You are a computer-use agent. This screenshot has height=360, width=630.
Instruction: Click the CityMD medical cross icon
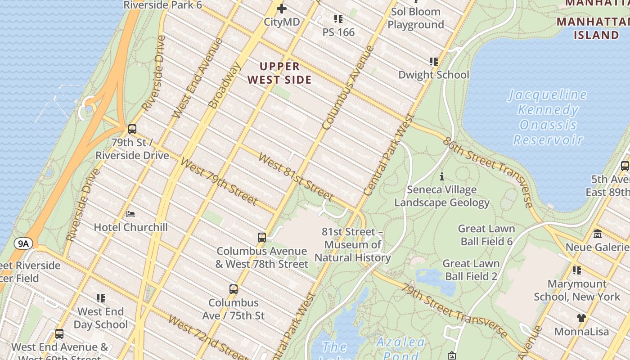click(x=282, y=9)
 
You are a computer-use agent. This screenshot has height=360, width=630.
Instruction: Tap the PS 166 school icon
click(x=338, y=19)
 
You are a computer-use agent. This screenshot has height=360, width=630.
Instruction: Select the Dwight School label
click(x=433, y=75)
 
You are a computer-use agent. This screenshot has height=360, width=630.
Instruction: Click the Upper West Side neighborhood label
click(x=279, y=73)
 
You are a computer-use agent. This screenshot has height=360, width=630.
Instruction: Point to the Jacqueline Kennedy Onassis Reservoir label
click(x=548, y=117)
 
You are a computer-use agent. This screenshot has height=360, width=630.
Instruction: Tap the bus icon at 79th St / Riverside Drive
click(x=132, y=129)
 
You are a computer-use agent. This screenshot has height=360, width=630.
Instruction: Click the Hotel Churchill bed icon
click(x=130, y=214)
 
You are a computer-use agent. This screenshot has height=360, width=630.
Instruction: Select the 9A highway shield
click(x=23, y=244)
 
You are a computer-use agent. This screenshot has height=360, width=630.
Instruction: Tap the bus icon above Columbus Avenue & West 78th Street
click(x=262, y=237)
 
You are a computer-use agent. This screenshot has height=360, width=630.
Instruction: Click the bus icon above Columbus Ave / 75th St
click(x=234, y=289)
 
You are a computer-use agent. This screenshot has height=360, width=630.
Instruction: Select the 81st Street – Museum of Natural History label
click(x=352, y=245)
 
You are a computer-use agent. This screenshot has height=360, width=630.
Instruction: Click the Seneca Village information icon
click(x=442, y=176)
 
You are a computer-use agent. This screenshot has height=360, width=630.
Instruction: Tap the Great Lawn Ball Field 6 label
click(x=486, y=235)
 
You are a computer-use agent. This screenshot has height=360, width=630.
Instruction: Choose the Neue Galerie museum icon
click(x=598, y=234)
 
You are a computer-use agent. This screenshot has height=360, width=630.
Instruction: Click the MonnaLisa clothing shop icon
click(x=581, y=318)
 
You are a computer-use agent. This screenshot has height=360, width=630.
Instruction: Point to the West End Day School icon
click(x=101, y=298)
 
